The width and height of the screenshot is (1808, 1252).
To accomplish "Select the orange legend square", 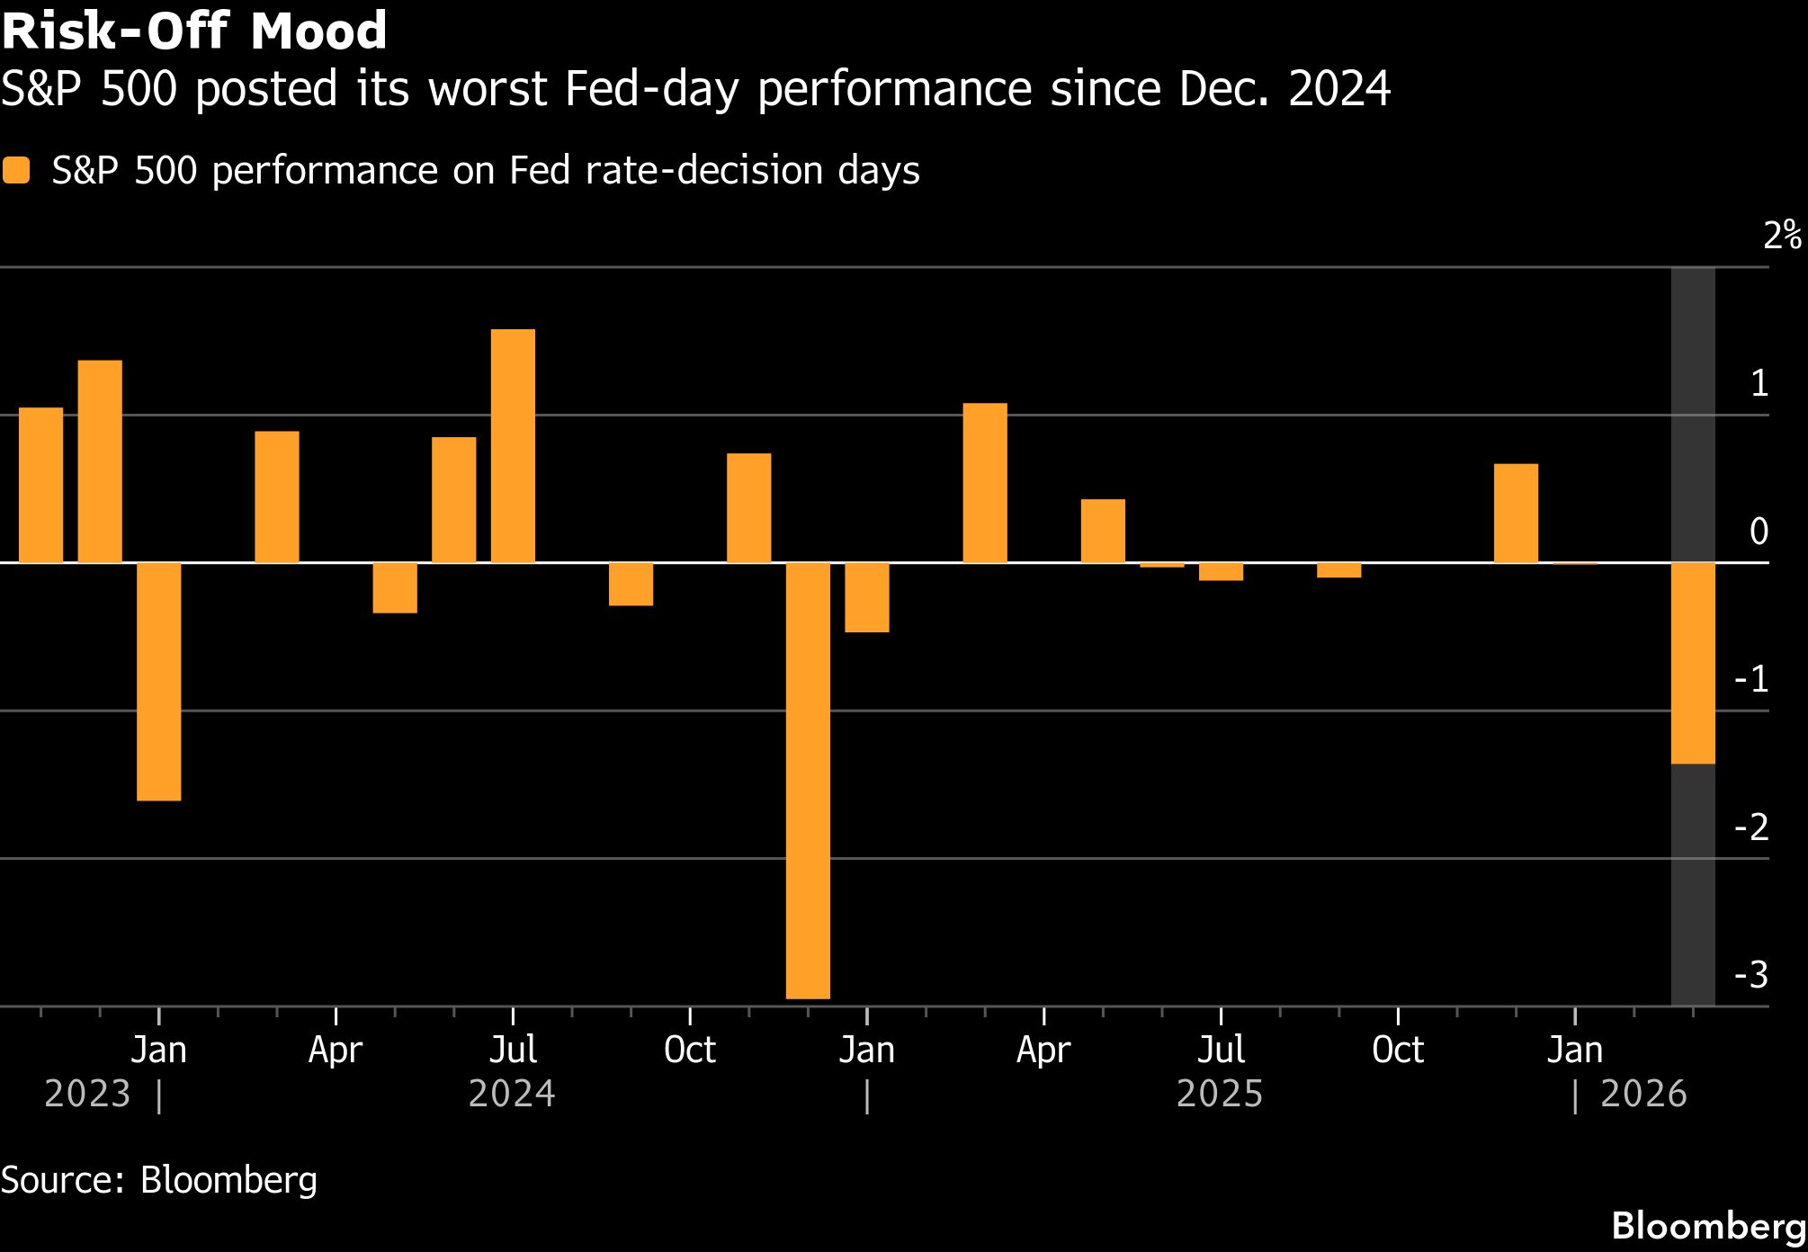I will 16,171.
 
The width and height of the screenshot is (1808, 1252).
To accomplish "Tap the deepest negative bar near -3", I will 808,780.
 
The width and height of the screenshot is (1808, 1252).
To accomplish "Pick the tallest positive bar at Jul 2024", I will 513,446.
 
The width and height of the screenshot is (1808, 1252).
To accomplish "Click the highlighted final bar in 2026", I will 1693,663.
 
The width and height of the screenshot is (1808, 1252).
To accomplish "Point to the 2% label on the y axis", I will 1781,236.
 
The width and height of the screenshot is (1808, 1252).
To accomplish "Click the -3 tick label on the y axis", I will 1750,974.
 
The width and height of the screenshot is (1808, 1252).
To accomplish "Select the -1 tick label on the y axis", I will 1750,679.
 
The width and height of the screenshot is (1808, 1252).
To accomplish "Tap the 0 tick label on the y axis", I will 1759,531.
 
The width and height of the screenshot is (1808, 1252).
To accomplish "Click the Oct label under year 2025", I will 1398,1050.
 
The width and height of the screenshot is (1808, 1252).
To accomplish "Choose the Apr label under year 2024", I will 336,1050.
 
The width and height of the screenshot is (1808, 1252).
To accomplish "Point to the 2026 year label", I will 1643,1095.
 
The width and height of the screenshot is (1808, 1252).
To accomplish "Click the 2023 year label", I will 87,1095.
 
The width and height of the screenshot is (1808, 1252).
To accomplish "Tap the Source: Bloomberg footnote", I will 159,1180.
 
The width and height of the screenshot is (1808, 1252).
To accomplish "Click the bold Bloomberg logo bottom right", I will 1708,1226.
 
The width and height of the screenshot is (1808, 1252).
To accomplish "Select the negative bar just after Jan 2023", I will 159,681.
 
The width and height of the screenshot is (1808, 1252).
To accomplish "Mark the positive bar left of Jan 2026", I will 1516,514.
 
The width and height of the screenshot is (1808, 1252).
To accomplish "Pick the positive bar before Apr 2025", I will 985,483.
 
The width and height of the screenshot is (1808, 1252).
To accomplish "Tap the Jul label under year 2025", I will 1221,1050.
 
